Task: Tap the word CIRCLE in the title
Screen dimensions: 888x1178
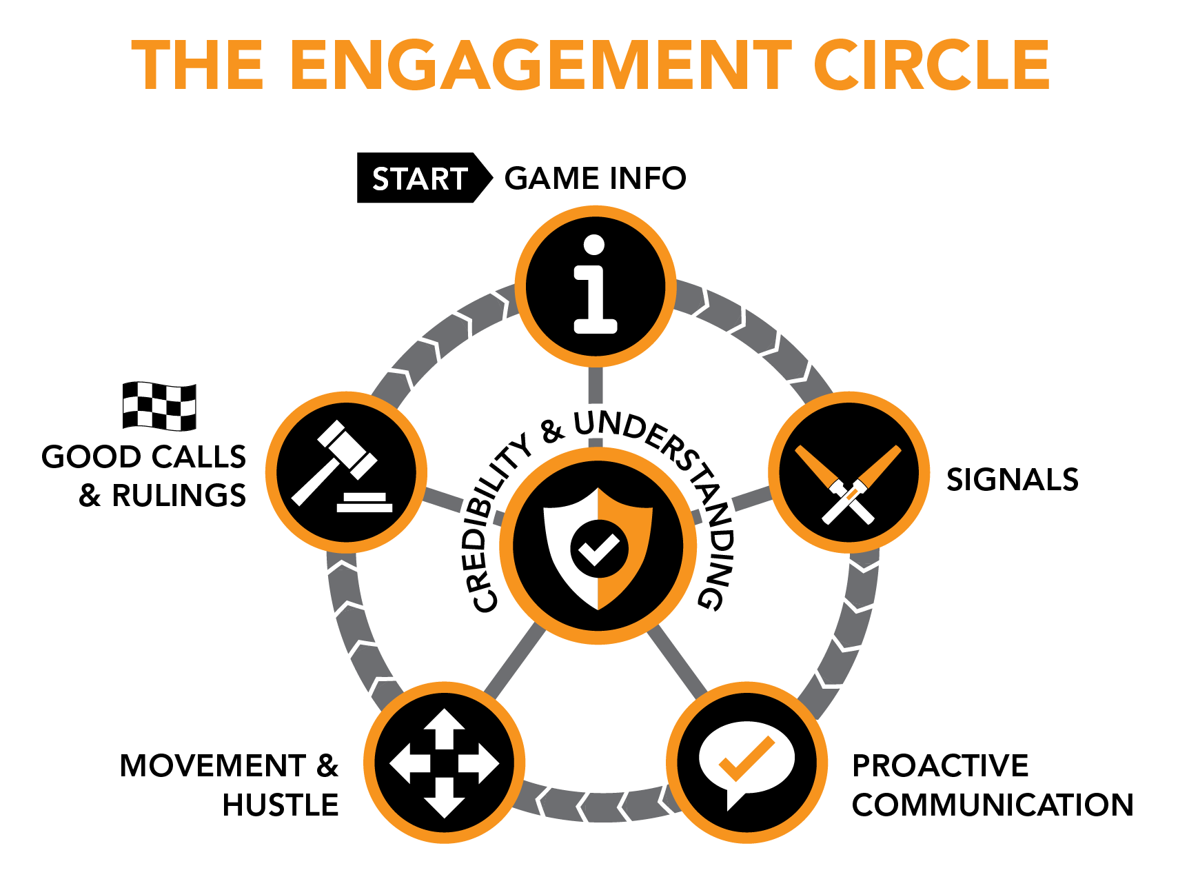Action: point(931,65)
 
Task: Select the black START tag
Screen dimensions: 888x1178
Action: point(419,179)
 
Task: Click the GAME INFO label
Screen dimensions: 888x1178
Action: point(596,179)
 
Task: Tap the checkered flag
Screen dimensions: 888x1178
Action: point(159,406)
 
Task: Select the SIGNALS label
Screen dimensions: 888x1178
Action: point(1012,480)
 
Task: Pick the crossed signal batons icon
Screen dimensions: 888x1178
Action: point(849,483)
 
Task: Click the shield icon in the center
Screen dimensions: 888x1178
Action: point(598,548)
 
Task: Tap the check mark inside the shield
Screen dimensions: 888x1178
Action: point(598,549)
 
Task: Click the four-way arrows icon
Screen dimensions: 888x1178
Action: point(444,763)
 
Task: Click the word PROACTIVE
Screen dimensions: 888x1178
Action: point(940,766)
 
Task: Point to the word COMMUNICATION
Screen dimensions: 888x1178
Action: point(992,805)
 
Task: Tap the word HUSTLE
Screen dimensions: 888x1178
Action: point(281,805)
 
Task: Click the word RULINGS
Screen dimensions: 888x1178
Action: point(179,496)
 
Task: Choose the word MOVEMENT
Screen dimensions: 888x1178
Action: point(212,766)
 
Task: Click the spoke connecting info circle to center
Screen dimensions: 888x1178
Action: point(596,386)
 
